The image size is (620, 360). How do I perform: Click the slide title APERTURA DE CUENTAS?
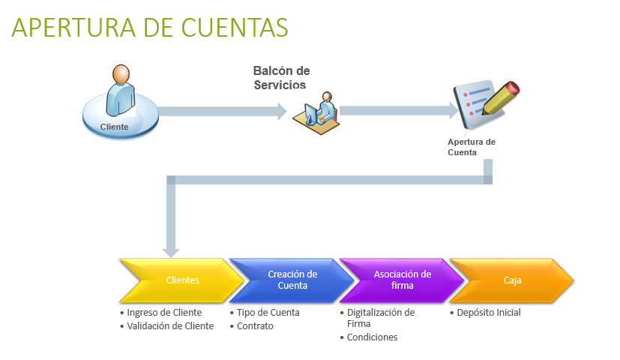(x=150, y=28)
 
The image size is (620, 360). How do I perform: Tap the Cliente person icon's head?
(x=121, y=74)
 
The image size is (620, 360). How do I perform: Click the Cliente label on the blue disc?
(x=114, y=127)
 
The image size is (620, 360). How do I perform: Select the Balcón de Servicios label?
(x=281, y=77)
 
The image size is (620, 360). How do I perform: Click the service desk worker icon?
(x=316, y=113)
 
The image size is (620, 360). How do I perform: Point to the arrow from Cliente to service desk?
(x=223, y=111)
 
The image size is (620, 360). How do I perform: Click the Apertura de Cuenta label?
(x=472, y=147)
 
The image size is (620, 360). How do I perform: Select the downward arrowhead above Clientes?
(x=171, y=253)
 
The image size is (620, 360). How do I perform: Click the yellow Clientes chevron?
(x=183, y=280)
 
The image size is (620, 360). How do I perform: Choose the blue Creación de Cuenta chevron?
(x=292, y=280)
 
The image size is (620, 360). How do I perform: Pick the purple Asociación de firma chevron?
(x=403, y=280)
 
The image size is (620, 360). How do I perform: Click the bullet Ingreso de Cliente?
(x=161, y=313)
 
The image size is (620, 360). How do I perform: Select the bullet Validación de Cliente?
(x=167, y=326)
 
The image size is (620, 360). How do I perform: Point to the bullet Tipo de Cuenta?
(x=265, y=313)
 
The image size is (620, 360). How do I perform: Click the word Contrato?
(x=255, y=326)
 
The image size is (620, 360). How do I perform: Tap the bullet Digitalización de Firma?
(x=378, y=318)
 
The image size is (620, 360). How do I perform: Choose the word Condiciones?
(x=372, y=337)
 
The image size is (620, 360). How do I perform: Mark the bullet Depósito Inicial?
(x=486, y=313)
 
